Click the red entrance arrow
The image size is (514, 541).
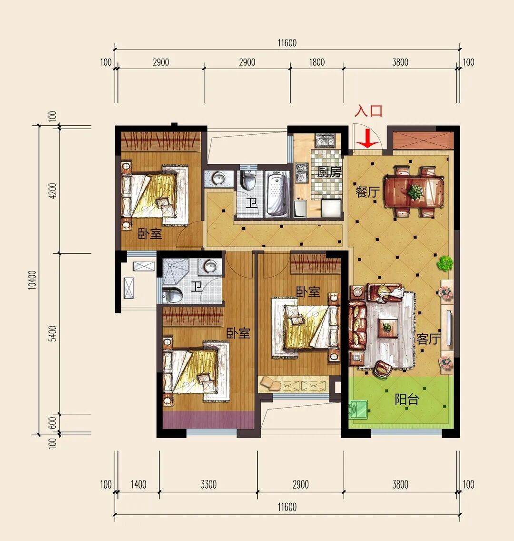368,139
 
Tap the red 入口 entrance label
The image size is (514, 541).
368,111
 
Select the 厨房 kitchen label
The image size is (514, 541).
329,171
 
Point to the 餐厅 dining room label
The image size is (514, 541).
367,191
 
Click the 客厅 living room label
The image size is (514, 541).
428,339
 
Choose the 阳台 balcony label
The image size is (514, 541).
407,399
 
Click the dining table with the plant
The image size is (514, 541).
414,192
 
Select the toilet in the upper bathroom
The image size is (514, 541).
247,179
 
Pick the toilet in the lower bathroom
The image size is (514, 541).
172,295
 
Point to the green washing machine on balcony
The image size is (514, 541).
358,409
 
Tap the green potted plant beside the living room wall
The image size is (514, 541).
445,264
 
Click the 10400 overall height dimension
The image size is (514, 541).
32,280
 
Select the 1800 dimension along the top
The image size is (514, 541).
317,62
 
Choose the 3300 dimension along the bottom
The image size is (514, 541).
208,484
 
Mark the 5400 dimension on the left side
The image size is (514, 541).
52,333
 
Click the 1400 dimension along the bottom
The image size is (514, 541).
138,484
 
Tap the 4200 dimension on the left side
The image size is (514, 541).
52,190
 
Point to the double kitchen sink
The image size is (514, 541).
325,141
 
